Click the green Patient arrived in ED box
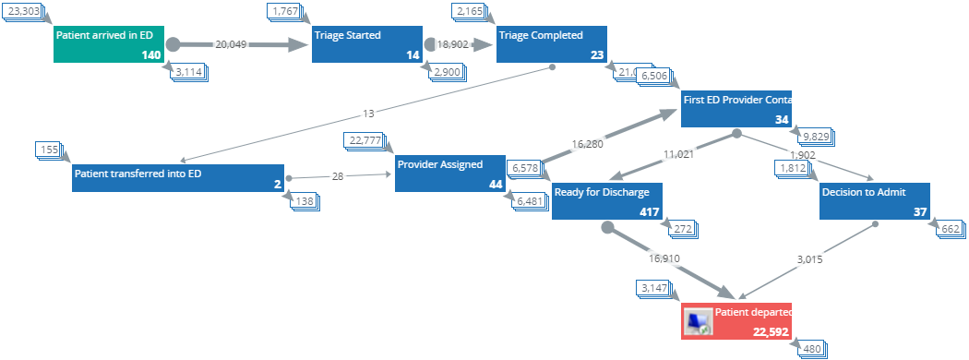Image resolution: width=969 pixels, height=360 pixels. coord(109,44)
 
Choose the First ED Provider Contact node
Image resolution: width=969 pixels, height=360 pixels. coord(736,109)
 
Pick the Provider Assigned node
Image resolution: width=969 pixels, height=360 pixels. coord(450,174)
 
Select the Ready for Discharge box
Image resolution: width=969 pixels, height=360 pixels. coord(606,201)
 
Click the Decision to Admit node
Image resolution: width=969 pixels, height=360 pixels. coord(875,201)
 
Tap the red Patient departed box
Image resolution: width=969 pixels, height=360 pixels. coord(736,321)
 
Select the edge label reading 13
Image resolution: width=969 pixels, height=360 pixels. coord(369,114)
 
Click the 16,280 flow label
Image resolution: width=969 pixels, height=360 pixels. coord(592,144)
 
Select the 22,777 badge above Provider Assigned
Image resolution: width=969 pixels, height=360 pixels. coord(366,140)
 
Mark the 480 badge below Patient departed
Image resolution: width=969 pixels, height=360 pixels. coord(811,349)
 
